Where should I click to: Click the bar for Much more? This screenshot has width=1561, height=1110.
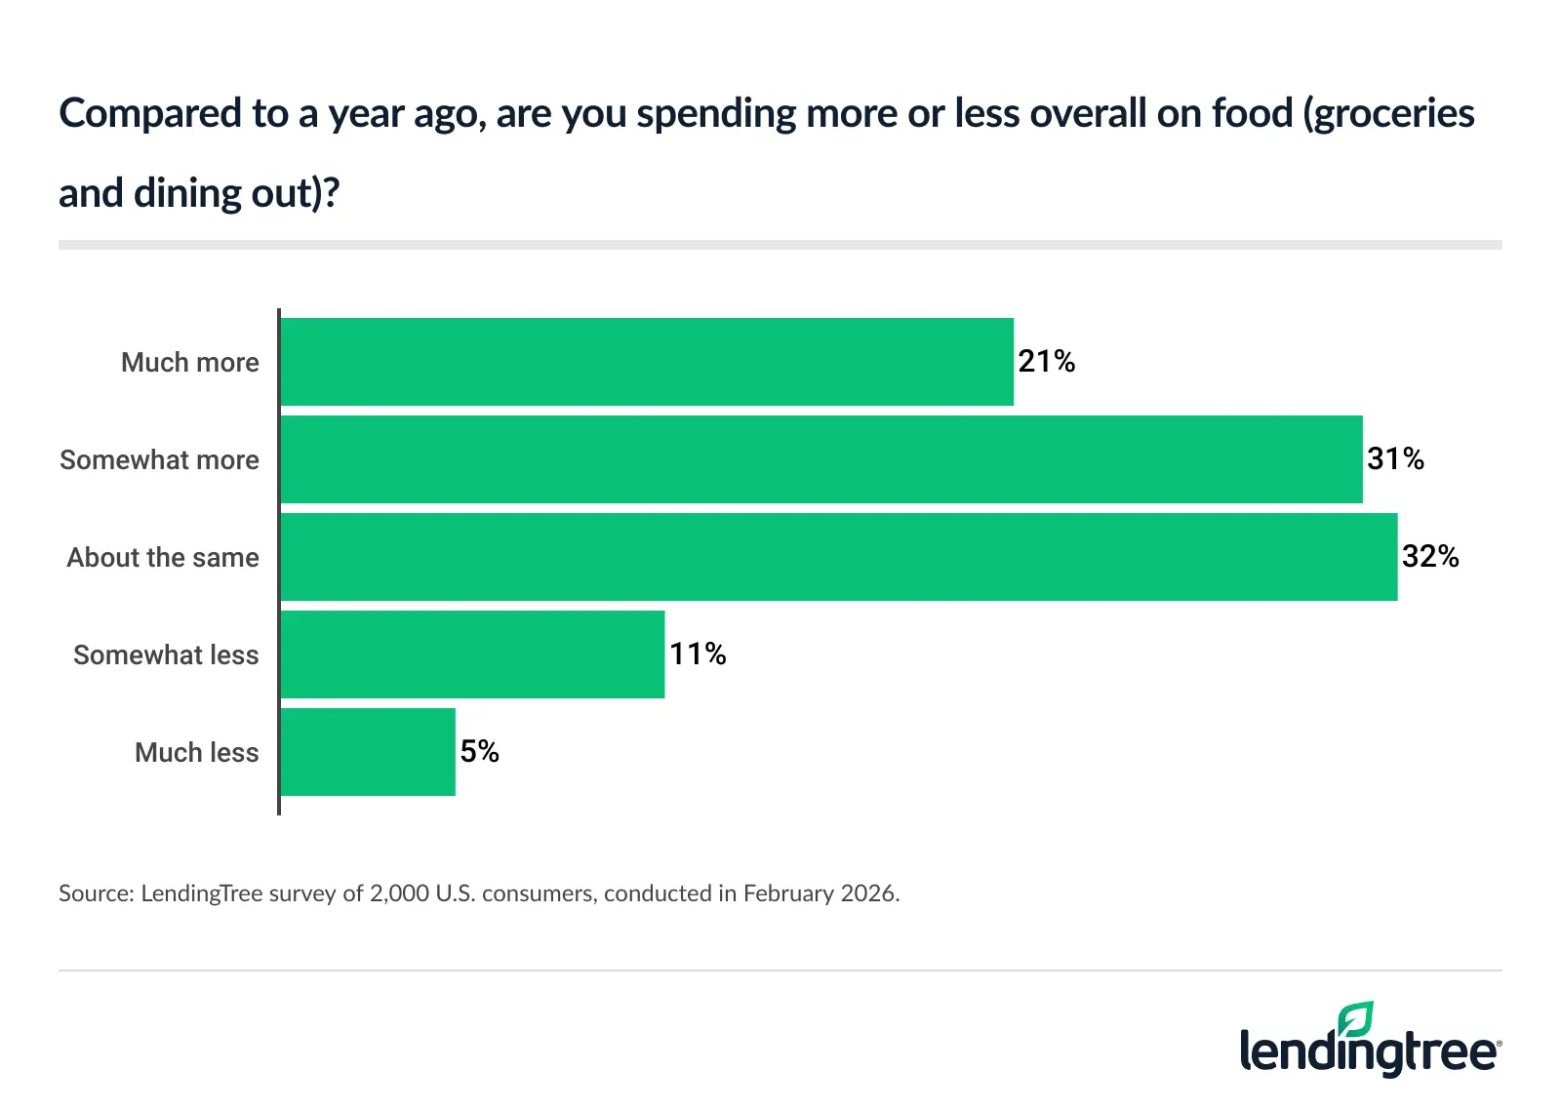[x=646, y=362]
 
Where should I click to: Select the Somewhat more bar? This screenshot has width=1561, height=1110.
[x=821, y=459]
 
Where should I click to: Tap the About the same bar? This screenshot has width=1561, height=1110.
[x=838, y=557]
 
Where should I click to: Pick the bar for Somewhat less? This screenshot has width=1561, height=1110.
[x=472, y=654]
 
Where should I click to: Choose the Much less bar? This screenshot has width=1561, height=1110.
[x=368, y=752]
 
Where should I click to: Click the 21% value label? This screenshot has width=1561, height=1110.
[x=1046, y=362]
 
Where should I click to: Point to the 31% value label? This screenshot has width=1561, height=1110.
[x=1395, y=459]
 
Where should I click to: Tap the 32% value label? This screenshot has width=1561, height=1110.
[x=1430, y=557]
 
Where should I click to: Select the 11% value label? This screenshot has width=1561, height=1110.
[x=698, y=654]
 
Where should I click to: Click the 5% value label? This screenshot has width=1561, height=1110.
[x=479, y=752]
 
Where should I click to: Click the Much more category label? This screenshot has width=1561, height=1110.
[x=190, y=363]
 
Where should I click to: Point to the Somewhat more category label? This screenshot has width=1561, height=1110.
[x=159, y=460]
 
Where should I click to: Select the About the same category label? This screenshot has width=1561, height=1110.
[x=163, y=558]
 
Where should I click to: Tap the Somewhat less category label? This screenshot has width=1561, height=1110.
[x=166, y=655]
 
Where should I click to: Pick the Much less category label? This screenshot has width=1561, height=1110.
[x=196, y=753]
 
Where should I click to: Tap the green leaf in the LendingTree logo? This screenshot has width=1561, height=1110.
[x=1356, y=1019]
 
